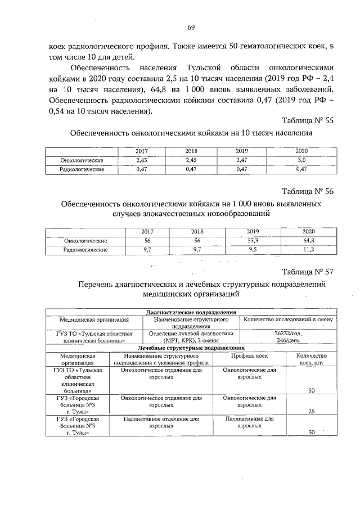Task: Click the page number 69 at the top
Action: coord(191,28)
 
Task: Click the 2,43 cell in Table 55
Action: coord(142,160)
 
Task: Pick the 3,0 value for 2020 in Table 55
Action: coord(301,160)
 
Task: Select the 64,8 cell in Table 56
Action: coord(308,241)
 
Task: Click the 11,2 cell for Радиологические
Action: coord(308,249)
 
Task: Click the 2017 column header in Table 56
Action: coord(147,232)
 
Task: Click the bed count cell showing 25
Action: coord(311,412)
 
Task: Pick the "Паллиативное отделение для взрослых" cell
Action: coord(161,423)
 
